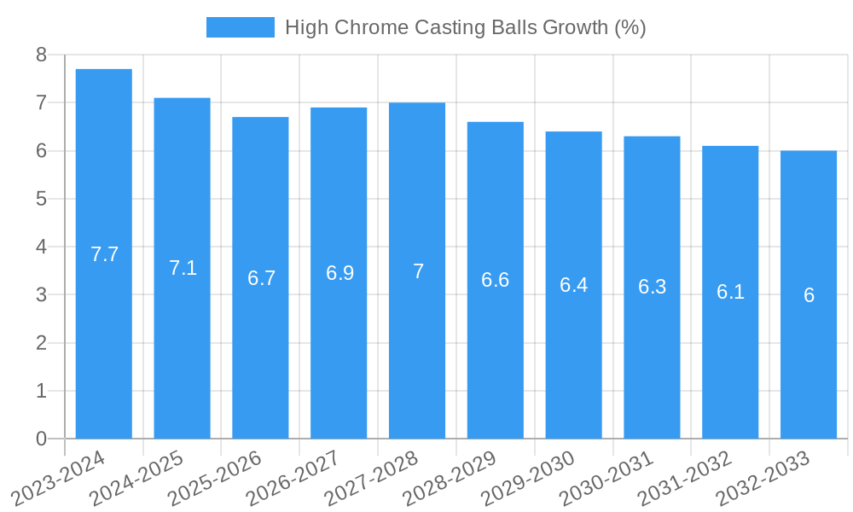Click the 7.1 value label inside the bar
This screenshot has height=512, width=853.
point(183,268)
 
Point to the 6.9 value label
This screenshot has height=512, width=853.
point(339,273)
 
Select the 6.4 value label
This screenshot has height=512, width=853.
point(574,285)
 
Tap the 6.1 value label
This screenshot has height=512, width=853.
point(730,292)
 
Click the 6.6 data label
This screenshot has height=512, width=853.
point(496,280)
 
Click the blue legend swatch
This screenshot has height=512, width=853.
point(241,27)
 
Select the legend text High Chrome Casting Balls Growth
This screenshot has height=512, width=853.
point(465,27)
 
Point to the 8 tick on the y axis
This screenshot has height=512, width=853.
point(41,55)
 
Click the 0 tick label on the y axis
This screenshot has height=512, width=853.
point(41,439)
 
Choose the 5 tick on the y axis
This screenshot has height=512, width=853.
point(41,199)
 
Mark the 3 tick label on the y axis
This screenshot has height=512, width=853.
point(41,295)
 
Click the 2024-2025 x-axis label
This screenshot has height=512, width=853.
point(137,478)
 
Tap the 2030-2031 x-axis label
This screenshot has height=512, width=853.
point(607,478)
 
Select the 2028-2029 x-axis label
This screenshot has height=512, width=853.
point(450,478)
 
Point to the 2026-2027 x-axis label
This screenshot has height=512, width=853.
point(293,478)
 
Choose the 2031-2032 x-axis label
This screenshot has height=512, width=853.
point(685,478)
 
